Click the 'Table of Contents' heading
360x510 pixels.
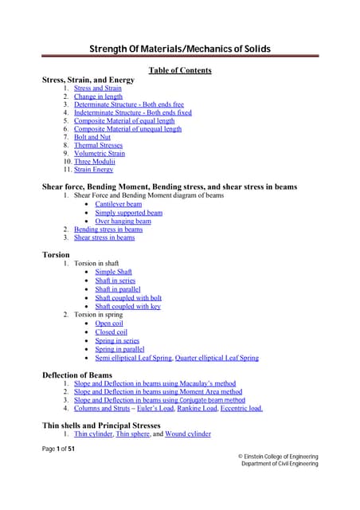tap(180, 70)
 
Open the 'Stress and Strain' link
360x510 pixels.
tap(98, 88)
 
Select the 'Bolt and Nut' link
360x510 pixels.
tap(92, 137)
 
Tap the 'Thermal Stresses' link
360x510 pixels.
tap(99, 145)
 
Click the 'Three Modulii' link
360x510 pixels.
tap(94, 161)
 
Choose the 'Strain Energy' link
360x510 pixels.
tap(94, 169)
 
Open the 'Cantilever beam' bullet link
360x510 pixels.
tap(119, 204)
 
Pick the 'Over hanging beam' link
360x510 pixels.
tap(123, 221)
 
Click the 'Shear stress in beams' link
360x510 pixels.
tap(104, 237)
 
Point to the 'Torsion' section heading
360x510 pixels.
tap(56, 254)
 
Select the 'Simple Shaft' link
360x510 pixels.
tap(115, 272)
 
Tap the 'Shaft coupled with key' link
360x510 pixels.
tap(127, 306)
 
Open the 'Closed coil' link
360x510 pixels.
tap(111, 332)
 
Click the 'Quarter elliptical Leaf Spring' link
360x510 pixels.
tap(217, 358)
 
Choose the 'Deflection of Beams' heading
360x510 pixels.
tap(76, 375)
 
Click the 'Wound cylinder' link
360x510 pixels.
tap(187, 434)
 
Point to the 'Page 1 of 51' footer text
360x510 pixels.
tap(58, 449)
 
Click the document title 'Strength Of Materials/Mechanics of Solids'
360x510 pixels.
tap(179, 49)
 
